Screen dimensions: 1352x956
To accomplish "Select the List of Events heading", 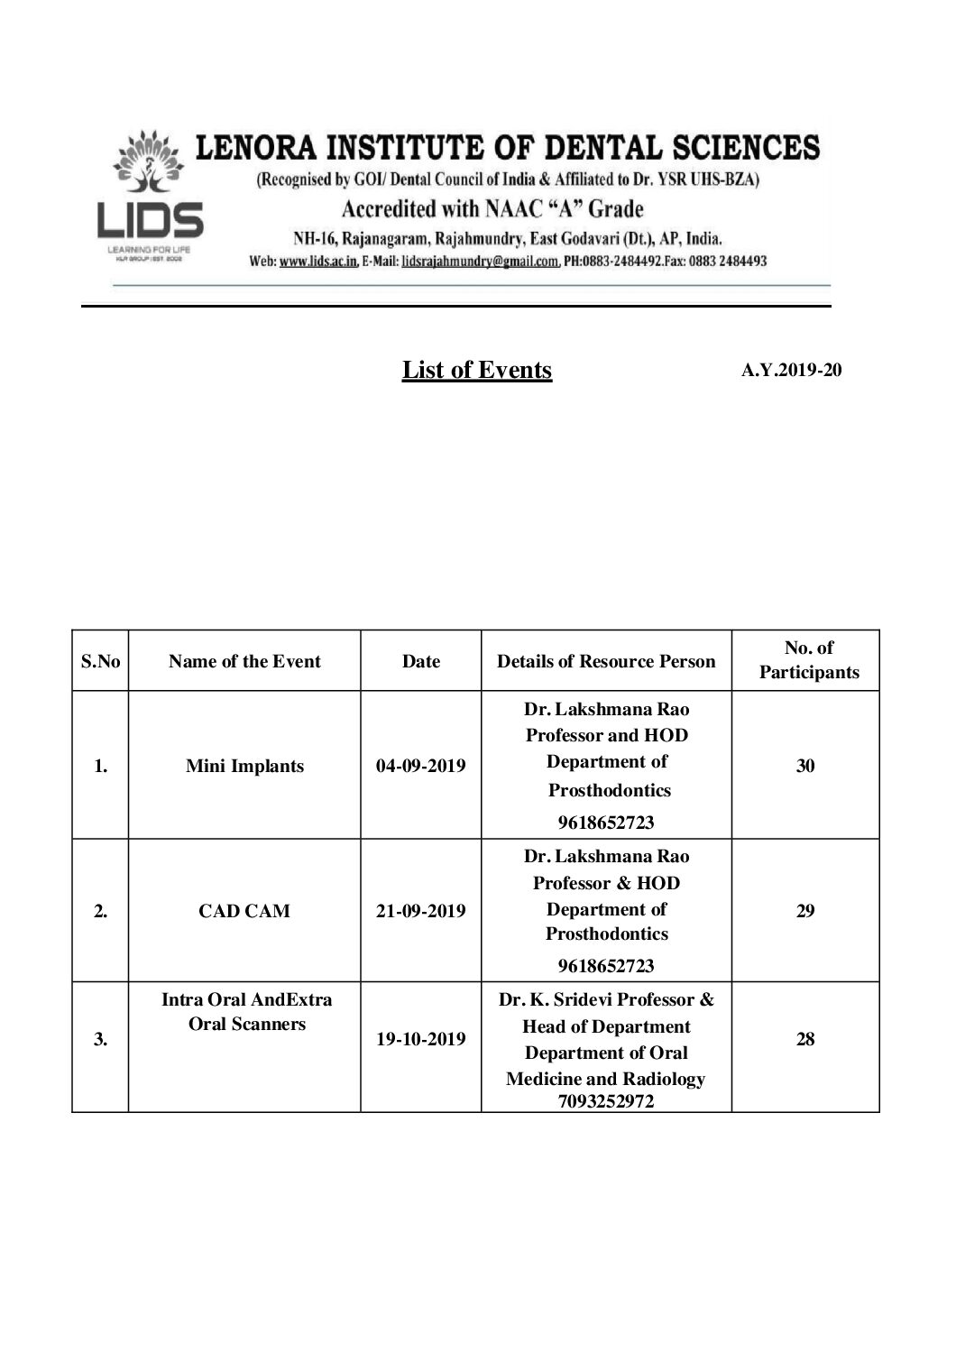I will tap(476, 370).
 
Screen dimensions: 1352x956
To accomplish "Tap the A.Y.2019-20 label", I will tap(791, 370).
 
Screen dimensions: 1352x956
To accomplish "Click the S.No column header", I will tap(100, 661).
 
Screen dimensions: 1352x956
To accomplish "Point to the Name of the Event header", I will tap(244, 661).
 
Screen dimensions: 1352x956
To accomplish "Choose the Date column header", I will tap(421, 661).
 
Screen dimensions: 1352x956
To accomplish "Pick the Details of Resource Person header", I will tap(606, 661).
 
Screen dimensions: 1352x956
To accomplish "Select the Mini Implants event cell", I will tap(244, 766).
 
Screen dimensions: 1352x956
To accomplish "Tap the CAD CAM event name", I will tap(244, 911).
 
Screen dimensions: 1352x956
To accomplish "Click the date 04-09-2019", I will tap(421, 766).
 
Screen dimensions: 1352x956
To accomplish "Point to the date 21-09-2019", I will tap(421, 911).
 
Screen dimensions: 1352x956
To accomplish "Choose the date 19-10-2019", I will tap(421, 1039).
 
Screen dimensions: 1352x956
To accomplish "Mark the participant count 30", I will tap(805, 766).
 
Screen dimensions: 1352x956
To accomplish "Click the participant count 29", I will tap(805, 911).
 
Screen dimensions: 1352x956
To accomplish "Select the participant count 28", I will tap(805, 1039).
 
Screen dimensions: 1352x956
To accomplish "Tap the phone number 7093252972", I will tap(606, 1101).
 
